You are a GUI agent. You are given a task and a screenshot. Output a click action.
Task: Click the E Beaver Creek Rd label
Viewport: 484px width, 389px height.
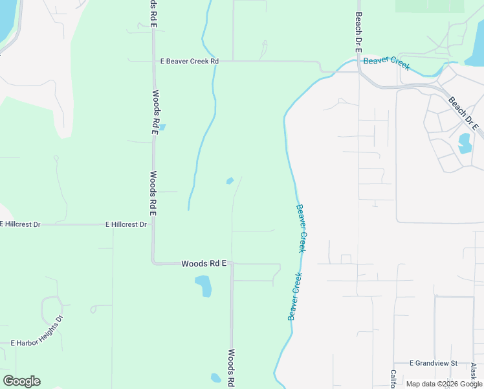[190, 61]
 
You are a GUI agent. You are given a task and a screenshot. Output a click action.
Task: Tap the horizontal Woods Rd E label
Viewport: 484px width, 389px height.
[204, 263]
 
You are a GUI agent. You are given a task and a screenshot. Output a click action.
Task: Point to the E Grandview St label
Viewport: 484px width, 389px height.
[434, 363]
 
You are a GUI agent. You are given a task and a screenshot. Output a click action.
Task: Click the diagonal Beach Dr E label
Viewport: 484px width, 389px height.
[463, 113]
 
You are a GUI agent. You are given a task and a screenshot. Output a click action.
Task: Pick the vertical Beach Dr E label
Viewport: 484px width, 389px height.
[357, 32]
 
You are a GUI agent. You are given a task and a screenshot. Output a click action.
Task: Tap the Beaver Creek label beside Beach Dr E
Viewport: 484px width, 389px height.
[386, 64]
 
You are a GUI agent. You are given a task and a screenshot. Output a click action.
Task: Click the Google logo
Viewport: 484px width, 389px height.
[21, 381]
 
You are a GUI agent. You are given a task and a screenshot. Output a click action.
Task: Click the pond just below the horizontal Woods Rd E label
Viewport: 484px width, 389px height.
[203, 285]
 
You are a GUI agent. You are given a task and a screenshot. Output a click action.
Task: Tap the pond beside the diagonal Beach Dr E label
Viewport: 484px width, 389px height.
[465, 143]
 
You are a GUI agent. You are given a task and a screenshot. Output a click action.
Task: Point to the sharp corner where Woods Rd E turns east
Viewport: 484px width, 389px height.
[153, 263]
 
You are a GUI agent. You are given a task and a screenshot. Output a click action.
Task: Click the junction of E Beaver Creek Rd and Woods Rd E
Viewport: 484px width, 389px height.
[153, 62]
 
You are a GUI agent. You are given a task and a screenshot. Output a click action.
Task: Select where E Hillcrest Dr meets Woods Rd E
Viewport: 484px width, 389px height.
[153, 224]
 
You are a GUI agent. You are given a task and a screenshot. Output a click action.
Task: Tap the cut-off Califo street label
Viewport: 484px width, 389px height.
[393, 379]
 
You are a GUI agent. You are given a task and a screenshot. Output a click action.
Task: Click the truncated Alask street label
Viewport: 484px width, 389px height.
[474, 374]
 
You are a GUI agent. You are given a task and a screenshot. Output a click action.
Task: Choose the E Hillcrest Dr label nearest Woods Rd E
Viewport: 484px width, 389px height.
[126, 224]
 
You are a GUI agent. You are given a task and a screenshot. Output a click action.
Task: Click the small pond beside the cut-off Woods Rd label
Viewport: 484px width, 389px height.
[215, 378]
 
